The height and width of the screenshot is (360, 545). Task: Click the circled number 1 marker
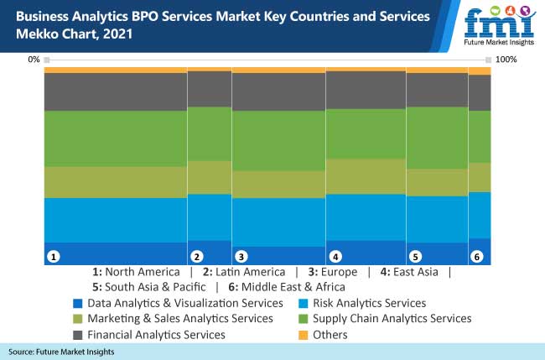53,257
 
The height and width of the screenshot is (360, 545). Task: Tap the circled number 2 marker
197,257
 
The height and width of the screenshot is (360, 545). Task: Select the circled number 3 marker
241,257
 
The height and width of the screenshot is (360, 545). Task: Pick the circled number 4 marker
335,257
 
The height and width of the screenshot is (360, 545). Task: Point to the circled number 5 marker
415,257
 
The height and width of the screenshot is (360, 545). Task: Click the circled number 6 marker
477,257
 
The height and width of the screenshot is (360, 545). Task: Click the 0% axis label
34,60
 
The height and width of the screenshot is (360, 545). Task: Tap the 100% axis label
506,60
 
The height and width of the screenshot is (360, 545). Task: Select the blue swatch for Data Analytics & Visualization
78,303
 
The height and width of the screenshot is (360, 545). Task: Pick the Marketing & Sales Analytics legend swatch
78,319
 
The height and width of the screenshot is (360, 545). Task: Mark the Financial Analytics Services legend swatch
78,335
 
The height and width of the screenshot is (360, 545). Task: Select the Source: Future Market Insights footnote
62,352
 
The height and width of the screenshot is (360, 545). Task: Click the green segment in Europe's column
278,141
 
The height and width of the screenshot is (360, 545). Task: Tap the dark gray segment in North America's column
115,92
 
